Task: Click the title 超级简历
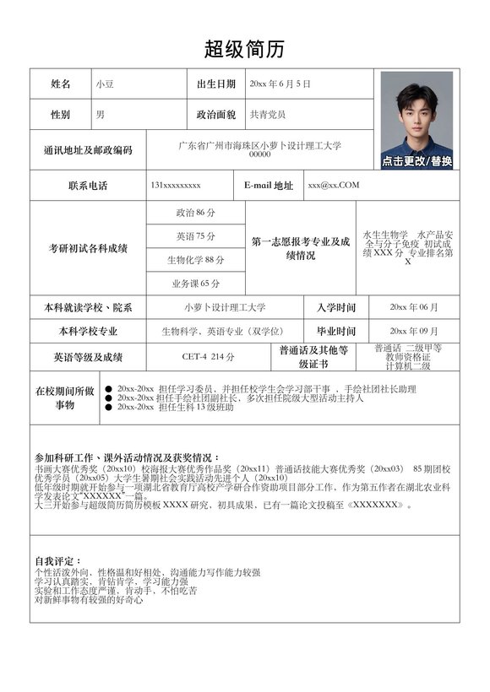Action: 244,48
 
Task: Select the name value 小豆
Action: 105,84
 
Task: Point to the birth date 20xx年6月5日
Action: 280,84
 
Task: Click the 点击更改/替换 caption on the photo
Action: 416,161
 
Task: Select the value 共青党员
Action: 268,114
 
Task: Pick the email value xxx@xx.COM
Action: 333,185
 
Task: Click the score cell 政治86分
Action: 195,213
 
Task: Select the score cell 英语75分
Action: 195,236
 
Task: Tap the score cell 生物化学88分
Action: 195,260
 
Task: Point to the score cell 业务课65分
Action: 195,284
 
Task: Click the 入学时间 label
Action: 336,308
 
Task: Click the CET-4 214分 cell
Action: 208,357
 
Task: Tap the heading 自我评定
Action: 58,561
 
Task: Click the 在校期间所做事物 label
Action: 64,397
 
